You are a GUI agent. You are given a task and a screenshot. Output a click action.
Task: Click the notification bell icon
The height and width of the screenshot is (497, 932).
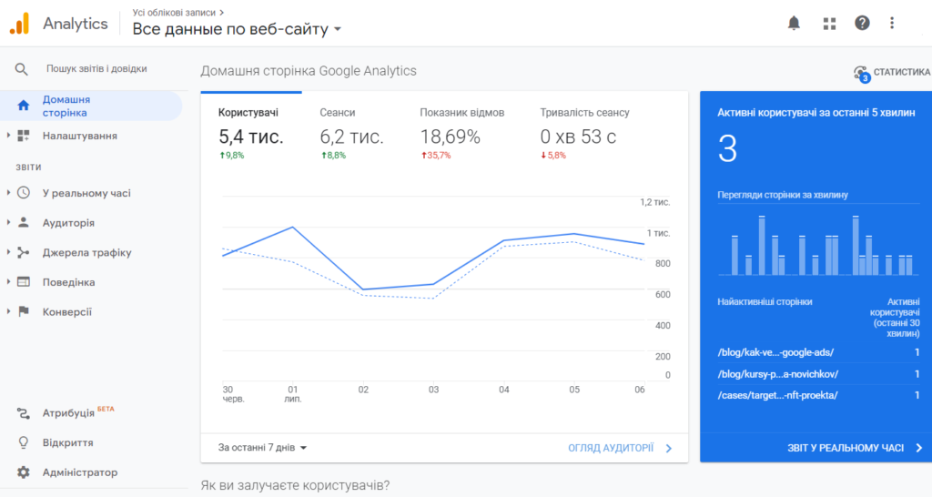[794, 24]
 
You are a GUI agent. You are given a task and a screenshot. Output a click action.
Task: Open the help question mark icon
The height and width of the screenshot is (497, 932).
[862, 24]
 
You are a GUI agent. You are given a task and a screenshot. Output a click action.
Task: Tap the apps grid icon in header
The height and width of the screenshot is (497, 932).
[829, 24]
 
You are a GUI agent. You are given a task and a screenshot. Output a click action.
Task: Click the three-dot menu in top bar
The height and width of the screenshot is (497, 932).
[892, 24]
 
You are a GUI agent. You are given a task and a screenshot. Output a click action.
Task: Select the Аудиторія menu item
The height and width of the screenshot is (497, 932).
[68, 223]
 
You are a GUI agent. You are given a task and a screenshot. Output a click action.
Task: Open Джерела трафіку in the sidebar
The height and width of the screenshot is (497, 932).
[86, 253]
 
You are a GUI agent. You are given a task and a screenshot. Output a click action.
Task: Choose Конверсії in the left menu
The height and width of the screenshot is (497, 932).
[66, 312]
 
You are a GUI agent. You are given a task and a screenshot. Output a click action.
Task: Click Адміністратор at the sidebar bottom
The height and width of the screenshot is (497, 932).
[79, 472]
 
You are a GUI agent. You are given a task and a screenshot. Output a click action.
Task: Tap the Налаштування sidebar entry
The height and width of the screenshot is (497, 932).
[79, 136]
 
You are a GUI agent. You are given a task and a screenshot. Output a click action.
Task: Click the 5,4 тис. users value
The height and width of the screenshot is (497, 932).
[250, 137]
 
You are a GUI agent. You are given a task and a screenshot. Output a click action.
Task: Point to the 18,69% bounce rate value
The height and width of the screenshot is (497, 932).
[450, 137]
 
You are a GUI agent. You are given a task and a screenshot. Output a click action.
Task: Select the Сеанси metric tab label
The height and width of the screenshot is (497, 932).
[338, 113]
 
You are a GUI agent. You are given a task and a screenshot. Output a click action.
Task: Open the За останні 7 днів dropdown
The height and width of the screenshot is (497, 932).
[263, 448]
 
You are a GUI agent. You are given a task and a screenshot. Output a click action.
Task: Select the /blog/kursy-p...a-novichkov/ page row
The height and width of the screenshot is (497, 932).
[777, 374]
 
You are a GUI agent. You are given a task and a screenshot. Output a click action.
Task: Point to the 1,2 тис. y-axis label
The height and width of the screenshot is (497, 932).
[654, 202]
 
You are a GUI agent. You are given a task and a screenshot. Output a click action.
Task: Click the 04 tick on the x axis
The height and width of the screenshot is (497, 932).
[504, 390]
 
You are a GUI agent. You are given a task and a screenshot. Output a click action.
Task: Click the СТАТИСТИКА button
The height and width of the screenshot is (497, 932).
[892, 72]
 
